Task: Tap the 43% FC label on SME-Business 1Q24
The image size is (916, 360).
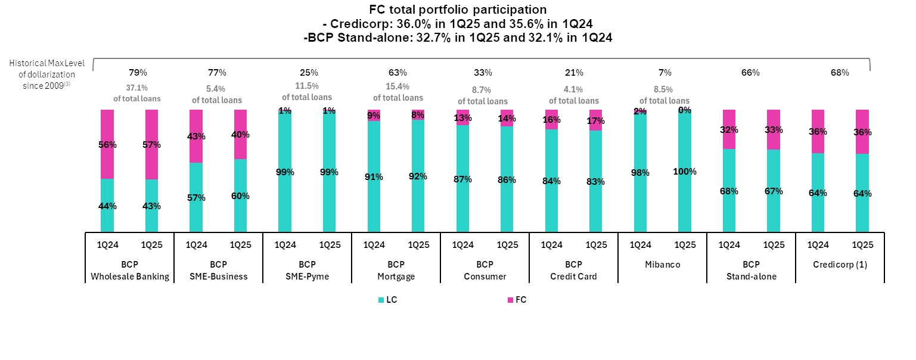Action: pyautogui.click(x=196, y=136)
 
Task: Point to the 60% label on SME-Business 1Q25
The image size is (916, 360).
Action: pyautogui.click(x=240, y=196)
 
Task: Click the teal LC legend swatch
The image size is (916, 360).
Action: pyautogui.click(x=381, y=300)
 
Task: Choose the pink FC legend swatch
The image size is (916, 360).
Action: pyautogui.click(x=510, y=300)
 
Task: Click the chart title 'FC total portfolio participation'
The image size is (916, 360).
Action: pyautogui.click(x=458, y=10)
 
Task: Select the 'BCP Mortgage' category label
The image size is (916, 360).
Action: pyautogui.click(x=396, y=270)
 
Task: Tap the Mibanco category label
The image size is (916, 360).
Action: pyautogui.click(x=662, y=264)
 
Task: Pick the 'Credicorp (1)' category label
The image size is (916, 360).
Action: pyautogui.click(x=840, y=264)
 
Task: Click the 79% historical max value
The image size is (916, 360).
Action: pyautogui.click(x=138, y=73)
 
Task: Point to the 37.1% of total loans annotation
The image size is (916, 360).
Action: pyautogui.click(x=138, y=93)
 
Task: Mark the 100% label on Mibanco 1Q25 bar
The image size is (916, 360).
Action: pyautogui.click(x=685, y=172)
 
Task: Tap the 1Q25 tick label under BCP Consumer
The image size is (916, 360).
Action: pyautogui.click(x=507, y=244)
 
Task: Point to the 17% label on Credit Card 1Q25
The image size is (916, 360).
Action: pyautogui.click(x=596, y=121)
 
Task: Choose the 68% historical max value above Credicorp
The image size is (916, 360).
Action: pyautogui.click(x=840, y=73)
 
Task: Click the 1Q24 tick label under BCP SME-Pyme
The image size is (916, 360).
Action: pyautogui.click(x=285, y=244)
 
